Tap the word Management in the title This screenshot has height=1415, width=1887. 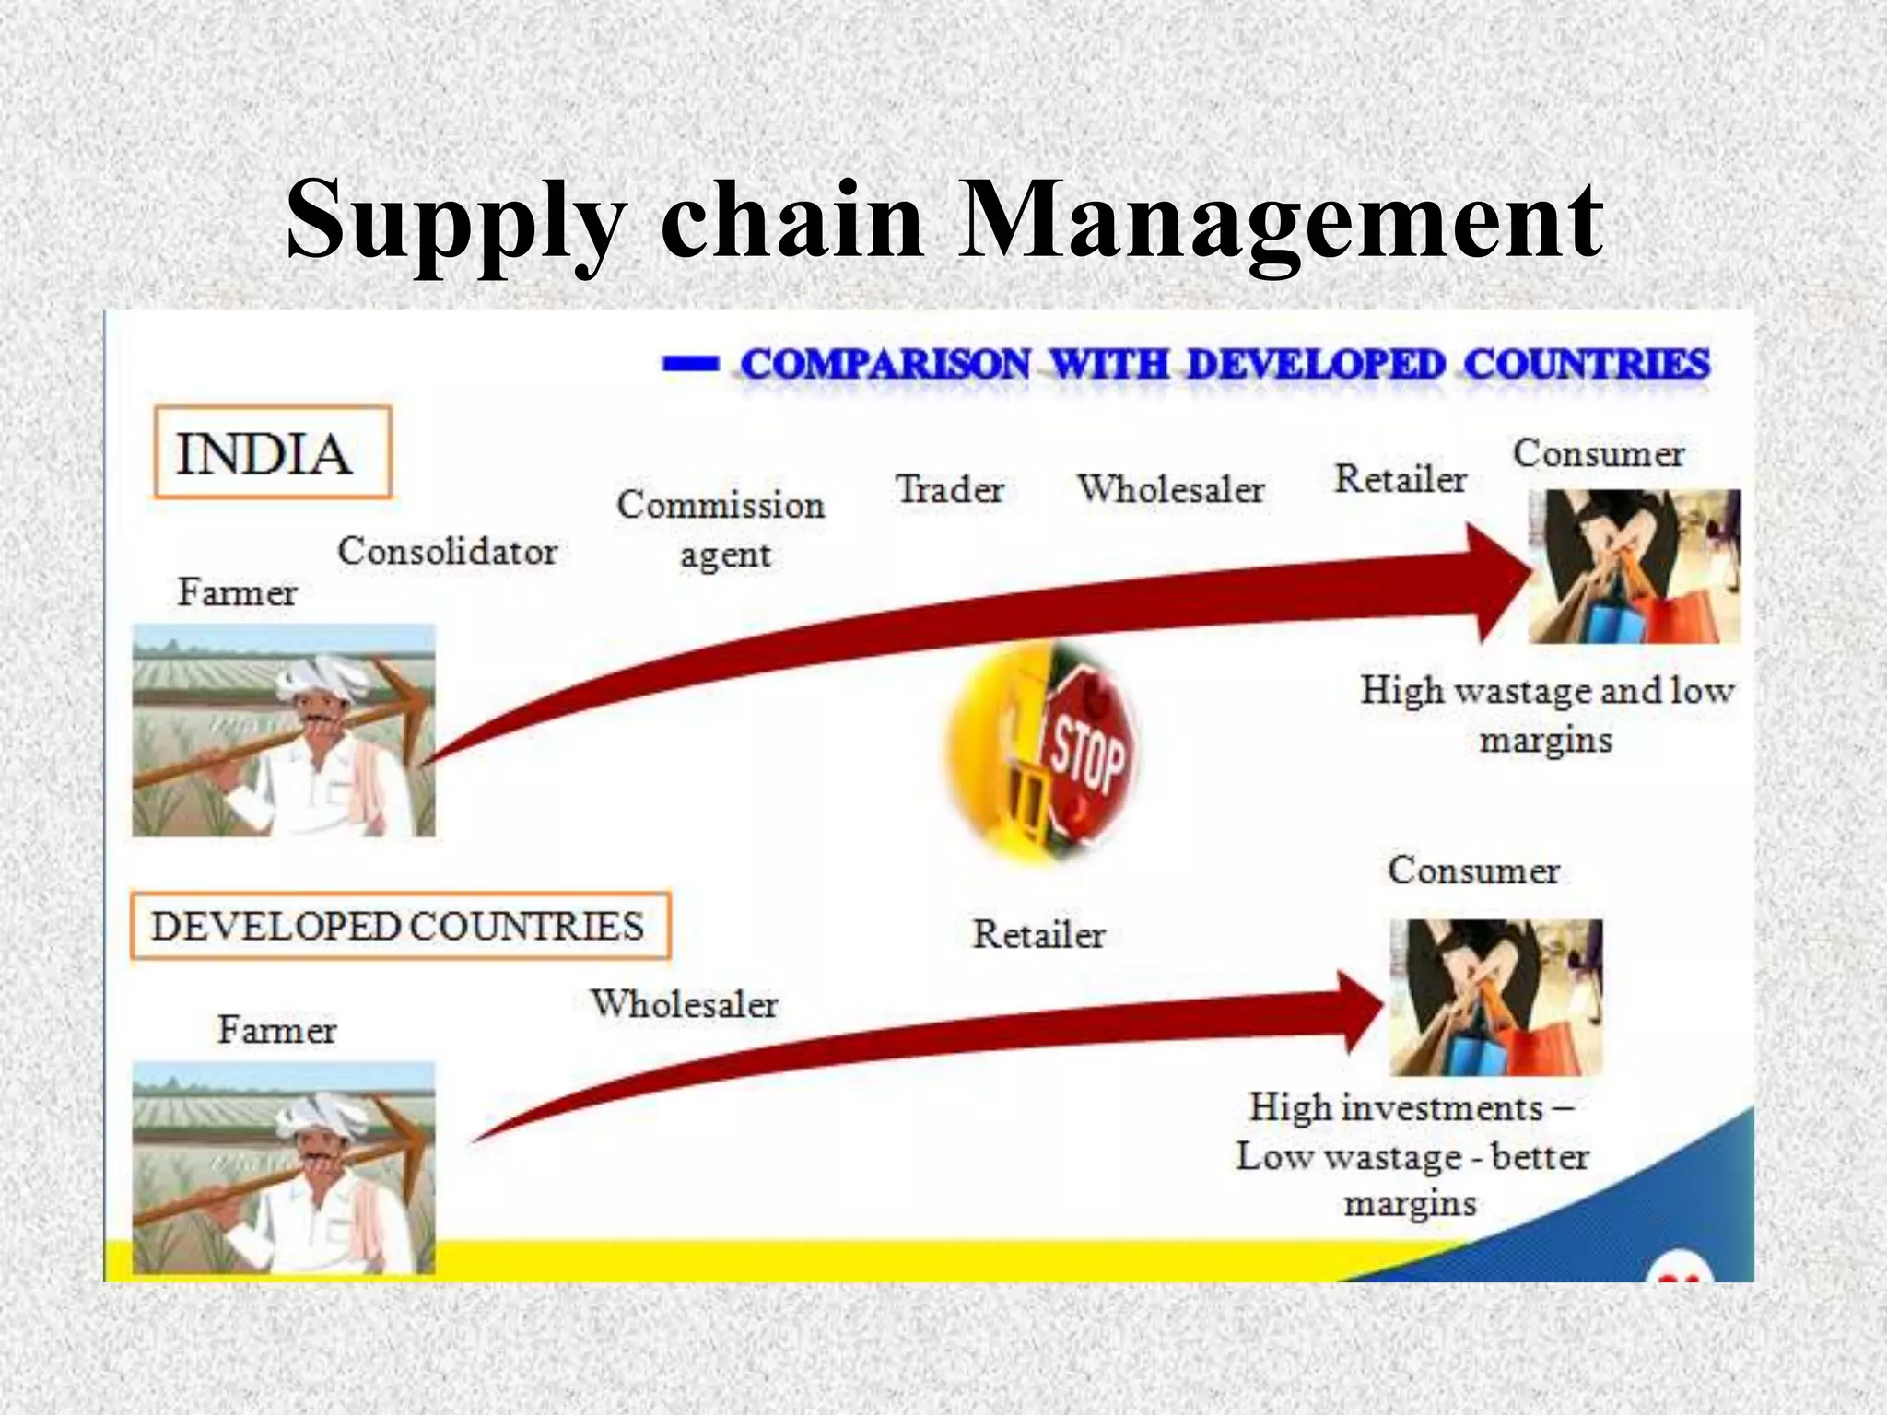1281,221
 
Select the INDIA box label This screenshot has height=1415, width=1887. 272,453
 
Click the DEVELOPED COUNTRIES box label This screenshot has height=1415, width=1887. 399,926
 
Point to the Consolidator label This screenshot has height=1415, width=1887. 448,552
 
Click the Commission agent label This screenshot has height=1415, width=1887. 721,529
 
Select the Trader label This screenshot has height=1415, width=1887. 950,489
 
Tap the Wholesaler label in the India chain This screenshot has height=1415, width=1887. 1171,489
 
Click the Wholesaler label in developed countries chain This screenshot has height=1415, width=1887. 685,1004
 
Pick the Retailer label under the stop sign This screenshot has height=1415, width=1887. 1038,935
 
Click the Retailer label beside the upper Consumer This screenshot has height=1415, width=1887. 1400,479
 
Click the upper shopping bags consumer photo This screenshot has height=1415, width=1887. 1634,567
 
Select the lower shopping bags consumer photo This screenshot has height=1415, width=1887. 1495,998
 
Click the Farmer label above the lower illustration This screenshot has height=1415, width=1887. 276,1030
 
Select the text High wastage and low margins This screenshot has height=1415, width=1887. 1547,714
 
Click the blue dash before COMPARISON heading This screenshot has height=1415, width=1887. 689,365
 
